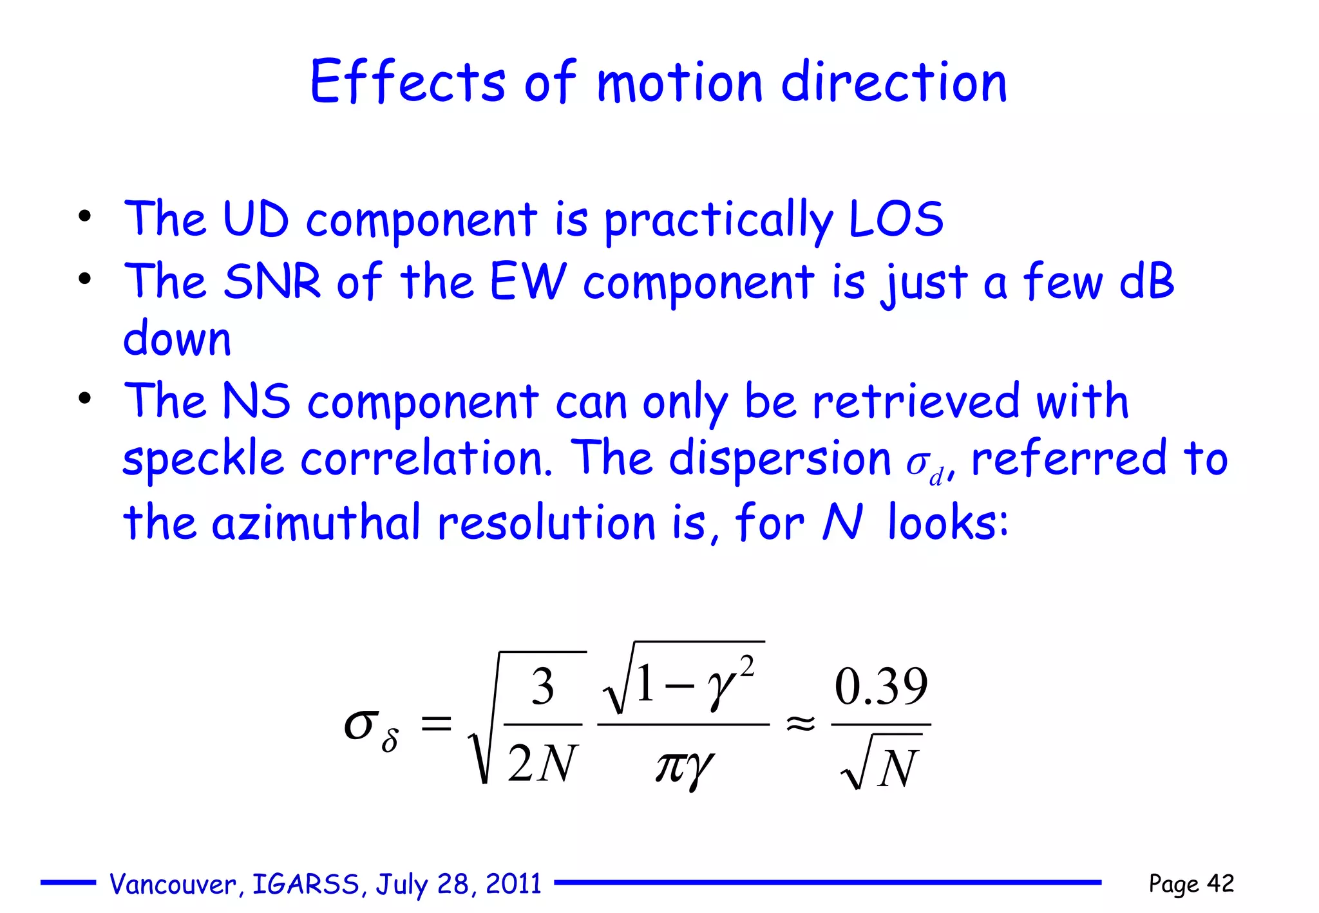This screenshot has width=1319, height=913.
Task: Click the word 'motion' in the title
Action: click(x=679, y=84)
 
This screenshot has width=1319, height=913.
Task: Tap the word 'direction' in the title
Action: click(x=894, y=84)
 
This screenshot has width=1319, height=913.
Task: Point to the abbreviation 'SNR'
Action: click(x=272, y=281)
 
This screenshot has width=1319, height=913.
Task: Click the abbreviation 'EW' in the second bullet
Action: click(x=528, y=281)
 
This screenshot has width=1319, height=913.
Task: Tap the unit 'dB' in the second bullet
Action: click(x=1147, y=281)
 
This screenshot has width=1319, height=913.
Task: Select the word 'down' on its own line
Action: click(x=177, y=339)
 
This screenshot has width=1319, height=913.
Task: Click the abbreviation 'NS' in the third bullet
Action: click(x=256, y=401)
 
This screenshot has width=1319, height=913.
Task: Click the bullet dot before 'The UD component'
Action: click(x=84, y=217)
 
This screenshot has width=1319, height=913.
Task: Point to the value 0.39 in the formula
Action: click(x=881, y=687)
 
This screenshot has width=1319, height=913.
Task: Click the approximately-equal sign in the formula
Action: click(x=801, y=724)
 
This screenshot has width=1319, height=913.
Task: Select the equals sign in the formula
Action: click(x=436, y=724)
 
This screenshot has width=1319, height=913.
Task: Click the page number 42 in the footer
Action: click(x=1220, y=883)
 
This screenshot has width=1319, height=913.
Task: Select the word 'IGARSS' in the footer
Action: click(x=305, y=884)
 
